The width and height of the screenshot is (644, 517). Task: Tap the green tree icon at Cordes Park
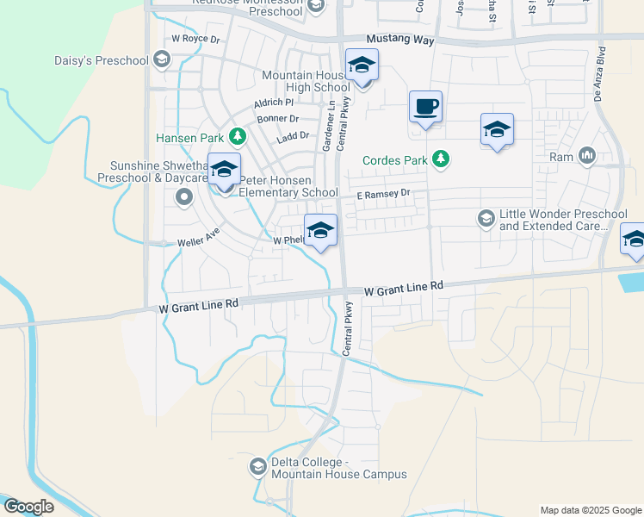[441, 159]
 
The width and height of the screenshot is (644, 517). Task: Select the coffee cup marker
[425, 108]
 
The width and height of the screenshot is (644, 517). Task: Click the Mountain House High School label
[306, 81]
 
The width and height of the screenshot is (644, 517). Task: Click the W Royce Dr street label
[196, 39]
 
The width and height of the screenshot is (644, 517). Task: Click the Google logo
[28, 507]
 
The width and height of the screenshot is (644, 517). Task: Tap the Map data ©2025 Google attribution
[590, 510]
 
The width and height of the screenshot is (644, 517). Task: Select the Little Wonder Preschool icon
[486, 218]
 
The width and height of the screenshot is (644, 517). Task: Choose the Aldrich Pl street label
[274, 102]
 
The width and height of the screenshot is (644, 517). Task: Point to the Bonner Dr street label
[277, 119]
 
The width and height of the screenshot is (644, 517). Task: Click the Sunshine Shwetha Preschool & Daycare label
[159, 171]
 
